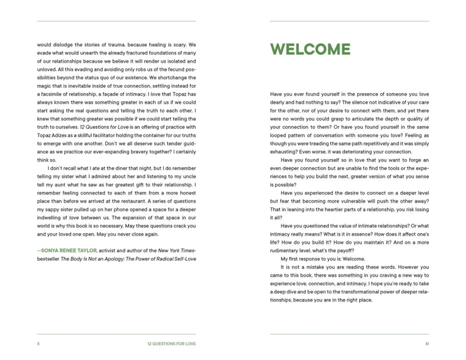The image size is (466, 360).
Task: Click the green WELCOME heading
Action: tap(310, 50)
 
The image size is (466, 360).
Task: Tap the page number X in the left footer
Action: tap(38, 344)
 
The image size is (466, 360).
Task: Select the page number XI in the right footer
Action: tap(426, 344)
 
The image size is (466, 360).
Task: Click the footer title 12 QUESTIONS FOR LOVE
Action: tap(172, 344)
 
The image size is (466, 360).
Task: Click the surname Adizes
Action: tap(57, 136)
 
